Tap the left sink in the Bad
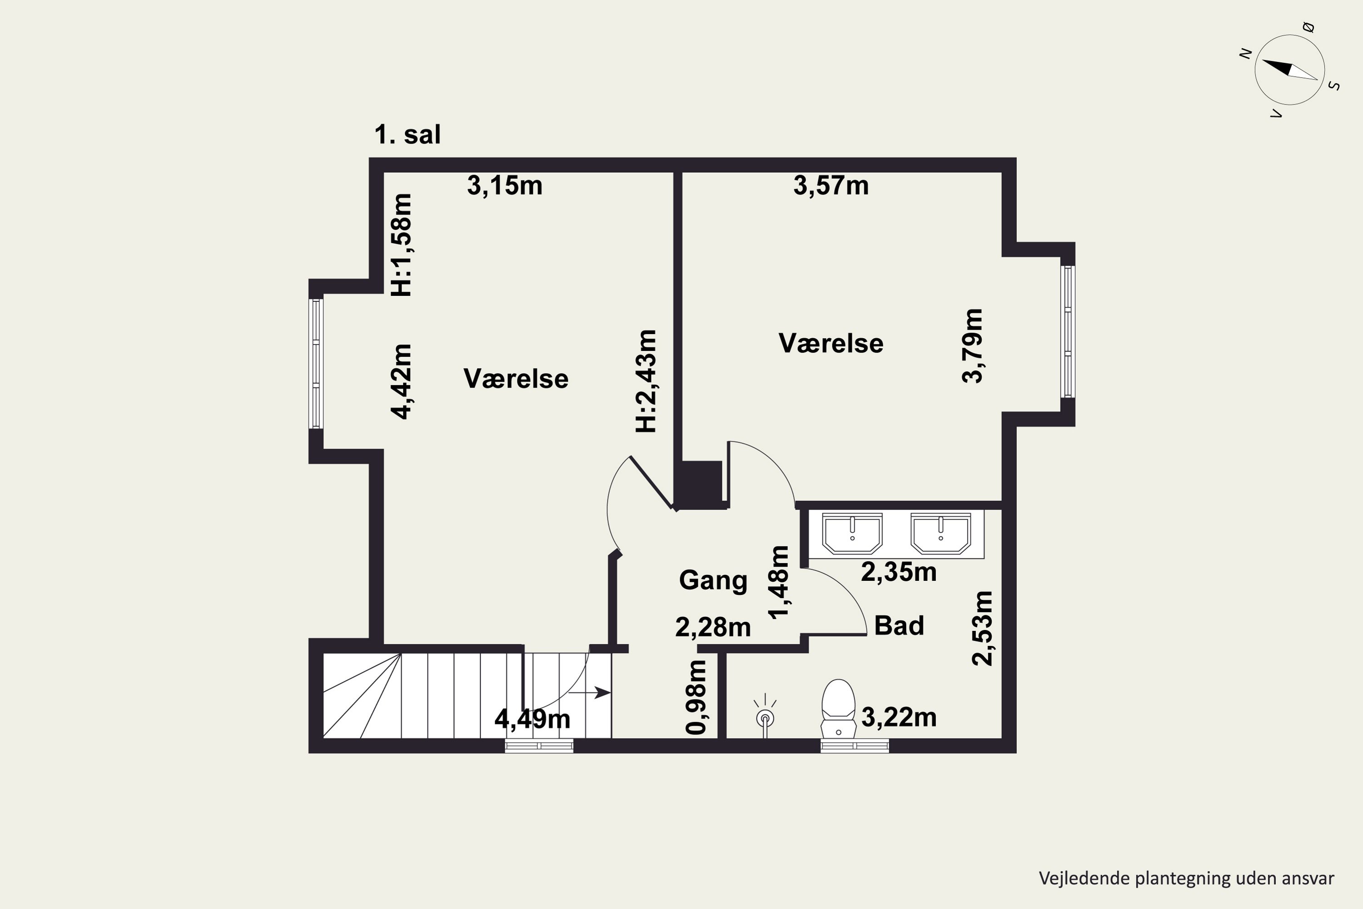[852, 533]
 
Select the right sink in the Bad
[940, 533]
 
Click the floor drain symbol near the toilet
[766, 717]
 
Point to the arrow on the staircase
[589, 693]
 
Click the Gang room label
[713, 581]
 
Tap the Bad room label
[899, 625]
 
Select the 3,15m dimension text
[505, 186]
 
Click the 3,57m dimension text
[831, 186]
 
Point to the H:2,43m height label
[646, 381]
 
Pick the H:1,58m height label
[401, 245]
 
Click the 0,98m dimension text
[696, 697]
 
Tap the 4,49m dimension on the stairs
[532, 719]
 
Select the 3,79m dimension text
[972, 345]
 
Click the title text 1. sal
[408, 135]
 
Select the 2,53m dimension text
[982, 629]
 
